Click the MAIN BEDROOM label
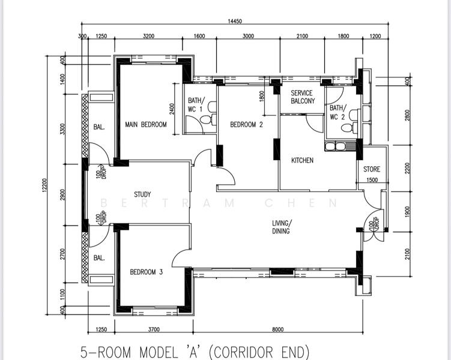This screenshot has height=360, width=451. [x=146, y=124]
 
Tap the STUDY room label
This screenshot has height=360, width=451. [x=142, y=194]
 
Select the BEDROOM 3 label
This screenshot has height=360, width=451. [x=147, y=272]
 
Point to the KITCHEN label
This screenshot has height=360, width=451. [x=302, y=160]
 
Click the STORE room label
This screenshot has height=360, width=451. [x=372, y=169]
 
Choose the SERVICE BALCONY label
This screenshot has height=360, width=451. [x=303, y=97]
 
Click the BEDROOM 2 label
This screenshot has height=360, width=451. [x=246, y=124]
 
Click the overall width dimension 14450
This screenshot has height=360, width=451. [x=235, y=21]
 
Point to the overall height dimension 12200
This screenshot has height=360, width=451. [x=44, y=185]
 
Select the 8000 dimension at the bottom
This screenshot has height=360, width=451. [x=278, y=329]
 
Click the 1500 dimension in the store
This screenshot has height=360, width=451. [x=372, y=180]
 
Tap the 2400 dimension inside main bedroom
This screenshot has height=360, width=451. [x=172, y=109]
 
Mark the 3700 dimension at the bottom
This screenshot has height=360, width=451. [x=154, y=329]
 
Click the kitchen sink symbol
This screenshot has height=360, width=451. [x=335, y=146]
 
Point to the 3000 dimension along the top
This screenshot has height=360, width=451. [x=248, y=36]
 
